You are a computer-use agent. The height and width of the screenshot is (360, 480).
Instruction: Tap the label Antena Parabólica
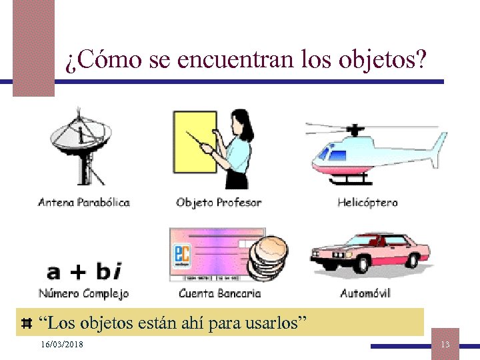[83, 202]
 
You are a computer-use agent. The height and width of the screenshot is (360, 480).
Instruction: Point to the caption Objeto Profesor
[219, 202]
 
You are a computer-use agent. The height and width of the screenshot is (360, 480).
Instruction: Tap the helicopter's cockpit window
[331, 153]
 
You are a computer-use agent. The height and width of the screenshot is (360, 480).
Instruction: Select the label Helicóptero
[367, 202]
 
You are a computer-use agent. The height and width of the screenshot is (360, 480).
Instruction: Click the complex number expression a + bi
[84, 271]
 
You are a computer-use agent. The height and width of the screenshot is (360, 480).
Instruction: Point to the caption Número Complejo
[83, 293]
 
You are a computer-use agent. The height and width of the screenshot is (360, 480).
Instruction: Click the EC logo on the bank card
[181, 256]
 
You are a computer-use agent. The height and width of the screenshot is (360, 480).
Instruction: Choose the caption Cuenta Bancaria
[219, 293]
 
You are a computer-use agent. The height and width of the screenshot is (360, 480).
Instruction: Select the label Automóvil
[365, 293]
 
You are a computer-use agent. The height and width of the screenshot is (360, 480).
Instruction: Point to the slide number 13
[445, 343]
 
